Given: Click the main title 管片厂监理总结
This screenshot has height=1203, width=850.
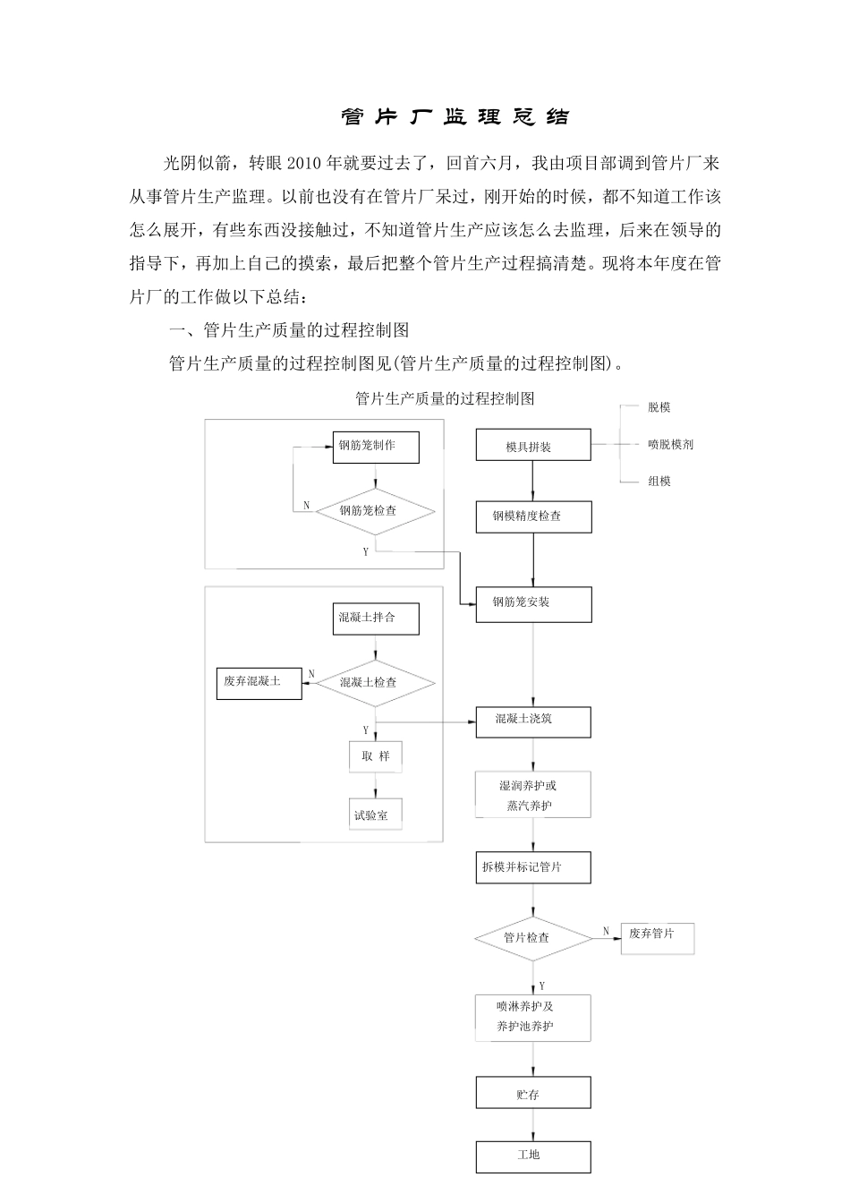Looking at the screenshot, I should (x=455, y=116).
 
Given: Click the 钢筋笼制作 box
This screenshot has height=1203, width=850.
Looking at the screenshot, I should (x=376, y=446).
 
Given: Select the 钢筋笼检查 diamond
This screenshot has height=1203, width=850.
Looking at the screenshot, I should (x=376, y=511).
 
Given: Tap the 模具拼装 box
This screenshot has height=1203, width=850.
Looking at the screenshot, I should (x=533, y=446).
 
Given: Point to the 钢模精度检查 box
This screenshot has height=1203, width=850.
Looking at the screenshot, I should (x=533, y=516).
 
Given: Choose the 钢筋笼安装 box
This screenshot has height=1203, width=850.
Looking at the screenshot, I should (x=533, y=603).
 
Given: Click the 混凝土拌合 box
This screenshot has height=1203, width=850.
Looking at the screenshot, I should (x=376, y=619).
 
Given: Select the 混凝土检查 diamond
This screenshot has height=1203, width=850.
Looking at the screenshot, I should (x=376, y=683).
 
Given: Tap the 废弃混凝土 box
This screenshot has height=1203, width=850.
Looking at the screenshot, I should (x=259, y=683).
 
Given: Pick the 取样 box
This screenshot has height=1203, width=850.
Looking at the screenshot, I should (x=376, y=756).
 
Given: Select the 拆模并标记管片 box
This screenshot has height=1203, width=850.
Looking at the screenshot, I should (x=533, y=867).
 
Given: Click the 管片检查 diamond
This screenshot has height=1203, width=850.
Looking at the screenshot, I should (x=533, y=938).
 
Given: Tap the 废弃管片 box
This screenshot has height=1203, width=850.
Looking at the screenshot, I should (x=658, y=936).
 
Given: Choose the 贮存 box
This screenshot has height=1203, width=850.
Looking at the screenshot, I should (x=533, y=1094).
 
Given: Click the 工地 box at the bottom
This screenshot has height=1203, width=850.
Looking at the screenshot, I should (x=533, y=1156).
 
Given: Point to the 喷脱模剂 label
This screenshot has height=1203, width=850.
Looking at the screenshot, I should (x=670, y=444).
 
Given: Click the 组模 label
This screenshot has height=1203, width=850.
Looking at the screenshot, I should (x=659, y=482).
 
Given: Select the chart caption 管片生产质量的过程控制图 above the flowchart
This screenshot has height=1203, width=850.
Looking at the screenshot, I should (x=445, y=399).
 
